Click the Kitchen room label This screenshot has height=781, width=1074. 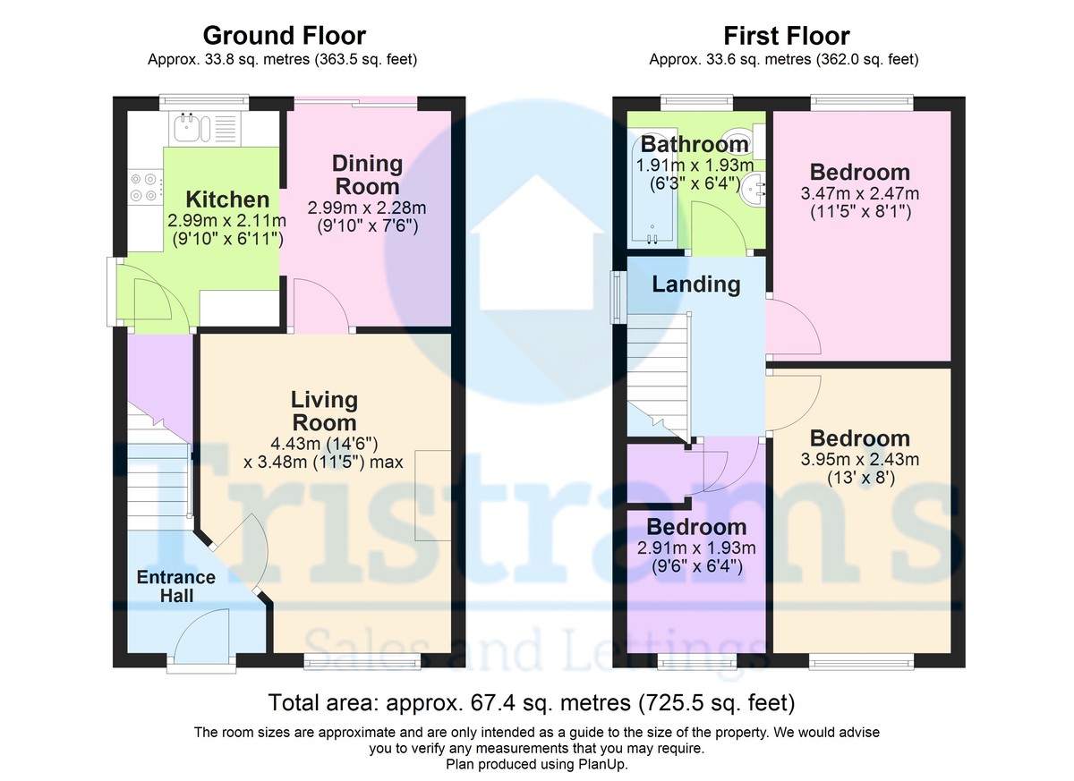click(x=227, y=199)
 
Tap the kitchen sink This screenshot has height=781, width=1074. click(x=192, y=129)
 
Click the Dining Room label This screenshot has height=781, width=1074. click(x=367, y=175)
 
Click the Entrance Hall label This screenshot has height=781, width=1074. click(x=175, y=586)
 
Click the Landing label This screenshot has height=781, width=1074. click(x=695, y=284)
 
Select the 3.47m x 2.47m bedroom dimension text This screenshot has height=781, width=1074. click(x=859, y=193)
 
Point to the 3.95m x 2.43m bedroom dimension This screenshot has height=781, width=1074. click(x=859, y=460)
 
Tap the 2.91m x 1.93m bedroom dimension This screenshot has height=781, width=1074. click(x=696, y=548)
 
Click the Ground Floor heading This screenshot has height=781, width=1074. click(x=284, y=36)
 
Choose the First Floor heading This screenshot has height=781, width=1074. click(x=786, y=36)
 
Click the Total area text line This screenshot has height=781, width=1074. click(x=532, y=700)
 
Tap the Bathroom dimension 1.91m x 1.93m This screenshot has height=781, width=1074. click(x=695, y=166)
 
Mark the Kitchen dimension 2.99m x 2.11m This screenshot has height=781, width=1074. click(x=227, y=221)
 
